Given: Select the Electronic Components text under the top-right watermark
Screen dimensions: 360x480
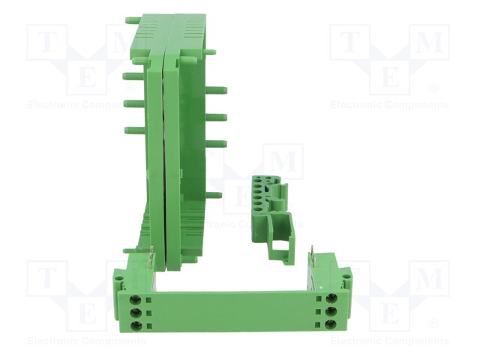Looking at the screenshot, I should click(389, 105).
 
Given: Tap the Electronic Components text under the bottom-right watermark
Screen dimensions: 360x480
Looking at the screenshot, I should click(389, 341).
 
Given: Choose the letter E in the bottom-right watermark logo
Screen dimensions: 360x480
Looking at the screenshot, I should click(389, 313).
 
